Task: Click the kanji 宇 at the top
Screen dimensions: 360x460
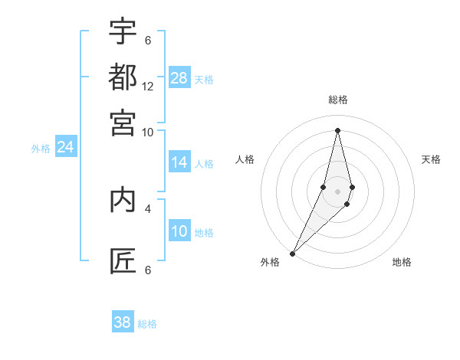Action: (x=123, y=31)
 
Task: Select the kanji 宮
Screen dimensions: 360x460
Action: (x=123, y=122)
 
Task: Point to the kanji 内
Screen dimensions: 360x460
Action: (x=123, y=200)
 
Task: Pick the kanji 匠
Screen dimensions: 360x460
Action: (x=123, y=261)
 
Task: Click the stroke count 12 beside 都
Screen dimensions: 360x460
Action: (x=148, y=87)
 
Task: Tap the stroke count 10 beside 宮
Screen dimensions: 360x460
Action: (x=148, y=132)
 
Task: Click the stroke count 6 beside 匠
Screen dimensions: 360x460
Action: (x=148, y=270)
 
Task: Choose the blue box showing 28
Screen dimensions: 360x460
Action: (x=179, y=78)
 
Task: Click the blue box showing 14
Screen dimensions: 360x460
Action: (x=179, y=162)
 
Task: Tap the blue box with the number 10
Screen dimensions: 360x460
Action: (x=179, y=231)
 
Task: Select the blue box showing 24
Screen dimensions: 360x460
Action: (x=65, y=147)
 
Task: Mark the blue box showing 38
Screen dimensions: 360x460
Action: (x=123, y=322)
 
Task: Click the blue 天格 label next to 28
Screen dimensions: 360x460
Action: (x=204, y=79)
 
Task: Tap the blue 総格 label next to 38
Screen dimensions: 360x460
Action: (x=147, y=324)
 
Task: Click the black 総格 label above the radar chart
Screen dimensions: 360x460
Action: (x=337, y=100)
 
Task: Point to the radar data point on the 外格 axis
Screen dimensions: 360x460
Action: (x=293, y=253)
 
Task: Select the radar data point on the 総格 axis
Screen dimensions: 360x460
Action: (x=337, y=130)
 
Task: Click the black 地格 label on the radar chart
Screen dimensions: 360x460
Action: (x=402, y=262)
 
